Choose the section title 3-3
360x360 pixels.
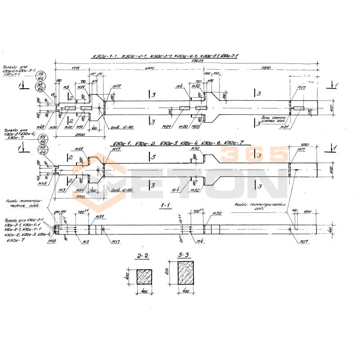[x=183, y=255]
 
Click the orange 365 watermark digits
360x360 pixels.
[x=254, y=155]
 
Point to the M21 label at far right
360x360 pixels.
[x=297, y=127]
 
